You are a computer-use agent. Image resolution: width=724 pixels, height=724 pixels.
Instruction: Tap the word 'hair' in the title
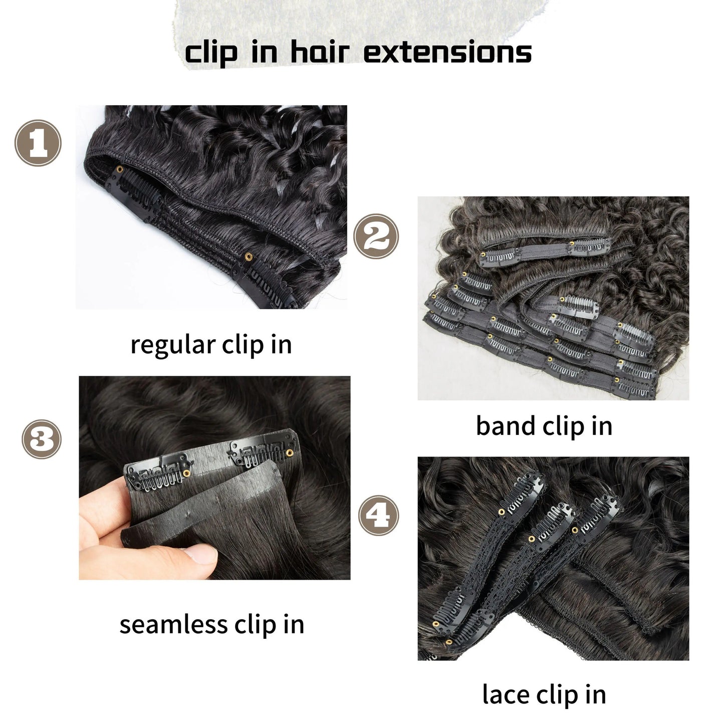[320, 52]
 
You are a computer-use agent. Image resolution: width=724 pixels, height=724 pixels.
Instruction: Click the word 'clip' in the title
[211, 54]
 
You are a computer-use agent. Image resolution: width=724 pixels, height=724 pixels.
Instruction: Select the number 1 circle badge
[38, 143]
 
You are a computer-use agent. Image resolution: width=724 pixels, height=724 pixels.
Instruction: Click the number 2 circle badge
[376, 236]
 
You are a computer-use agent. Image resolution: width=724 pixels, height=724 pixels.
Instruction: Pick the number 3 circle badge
[41, 439]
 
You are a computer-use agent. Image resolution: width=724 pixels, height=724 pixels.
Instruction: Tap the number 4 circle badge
[379, 515]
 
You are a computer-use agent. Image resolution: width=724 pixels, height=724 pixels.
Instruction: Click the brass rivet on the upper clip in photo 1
[120, 169]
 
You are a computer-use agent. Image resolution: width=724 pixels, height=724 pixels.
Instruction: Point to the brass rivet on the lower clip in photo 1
[248, 257]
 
